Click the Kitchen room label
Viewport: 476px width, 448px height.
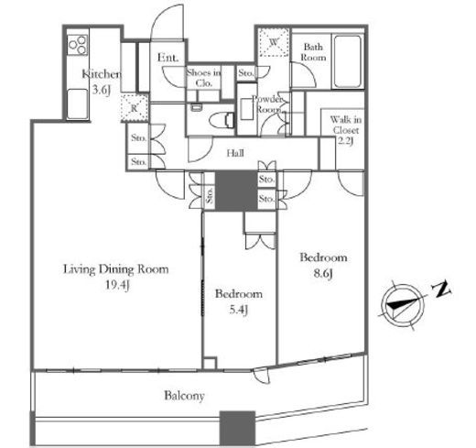(102, 74)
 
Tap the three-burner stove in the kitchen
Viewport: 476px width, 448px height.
(78, 45)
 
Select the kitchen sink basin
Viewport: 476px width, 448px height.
(77, 104)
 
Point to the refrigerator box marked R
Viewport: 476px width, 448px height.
(135, 108)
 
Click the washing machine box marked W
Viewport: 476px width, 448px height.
(274, 42)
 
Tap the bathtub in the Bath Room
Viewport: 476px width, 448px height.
(348, 61)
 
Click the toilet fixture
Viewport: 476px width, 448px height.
(222, 120)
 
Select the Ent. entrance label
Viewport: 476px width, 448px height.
(168, 58)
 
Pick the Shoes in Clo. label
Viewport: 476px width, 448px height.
(203, 78)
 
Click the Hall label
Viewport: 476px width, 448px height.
(235, 153)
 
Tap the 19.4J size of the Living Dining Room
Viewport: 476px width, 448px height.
(117, 285)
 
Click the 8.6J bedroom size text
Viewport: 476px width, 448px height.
(323, 273)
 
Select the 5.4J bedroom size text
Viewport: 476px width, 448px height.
(238, 310)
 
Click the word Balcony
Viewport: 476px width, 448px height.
(184, 396)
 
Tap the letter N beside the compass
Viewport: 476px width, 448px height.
(441, 289)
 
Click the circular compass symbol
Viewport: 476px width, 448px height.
(403, 306)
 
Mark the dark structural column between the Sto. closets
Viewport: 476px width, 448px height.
(236, 191)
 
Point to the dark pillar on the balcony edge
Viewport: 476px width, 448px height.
(237, 428)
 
